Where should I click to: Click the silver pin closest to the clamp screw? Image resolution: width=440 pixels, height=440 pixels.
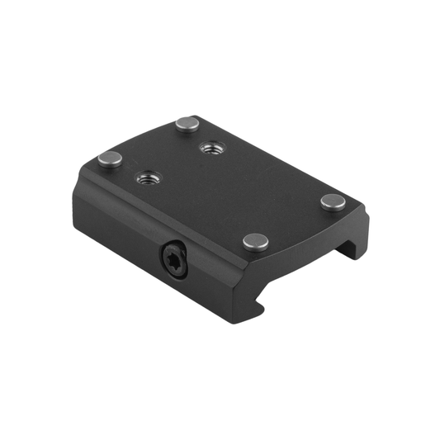(x=256, y=242)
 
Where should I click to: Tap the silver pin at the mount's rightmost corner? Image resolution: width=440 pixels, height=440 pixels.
(x=333, y=201)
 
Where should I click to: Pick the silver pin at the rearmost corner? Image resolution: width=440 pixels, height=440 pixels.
(x=186, y=125)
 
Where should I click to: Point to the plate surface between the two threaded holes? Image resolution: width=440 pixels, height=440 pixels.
(x=178, y=163)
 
